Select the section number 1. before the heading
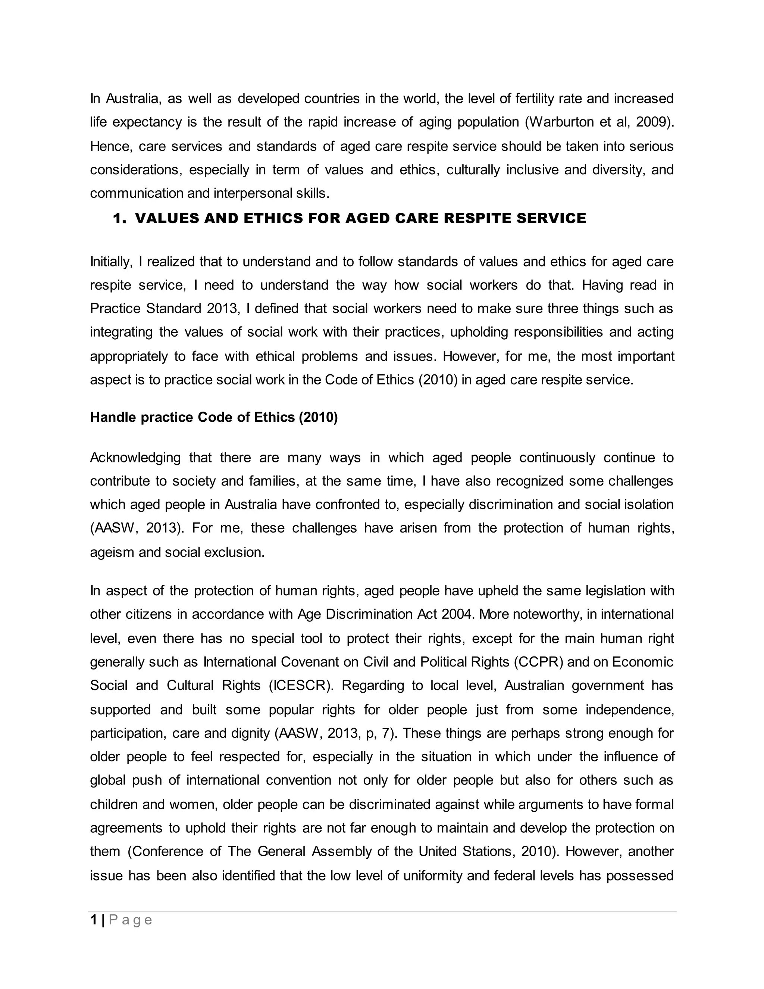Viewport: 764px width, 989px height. (119, 218)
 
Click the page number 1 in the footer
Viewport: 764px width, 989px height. (94, 921)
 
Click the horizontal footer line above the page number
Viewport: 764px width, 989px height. (382, 912)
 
